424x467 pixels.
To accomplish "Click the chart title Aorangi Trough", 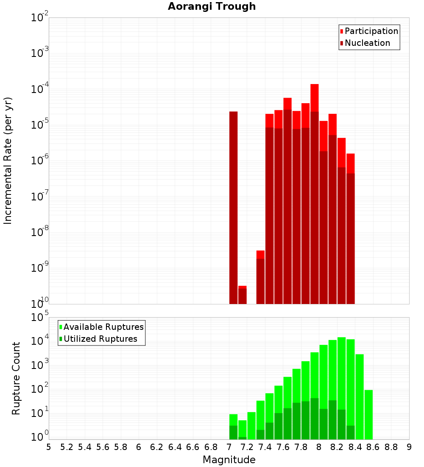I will click(x=212, y=6).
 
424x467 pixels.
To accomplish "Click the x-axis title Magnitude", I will click(x=229, y=460).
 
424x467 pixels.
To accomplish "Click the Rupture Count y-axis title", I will click(x=16, y=378).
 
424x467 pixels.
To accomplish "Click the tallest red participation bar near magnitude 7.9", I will click(x=314, y=98).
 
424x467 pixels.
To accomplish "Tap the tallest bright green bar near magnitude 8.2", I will click(x=341, y=374).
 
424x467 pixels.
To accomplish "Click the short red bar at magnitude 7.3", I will click(x=260, y=254).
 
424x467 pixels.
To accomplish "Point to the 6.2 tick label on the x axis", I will click(x=157, y=447).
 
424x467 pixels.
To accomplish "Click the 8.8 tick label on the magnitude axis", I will click(x=391, y=447).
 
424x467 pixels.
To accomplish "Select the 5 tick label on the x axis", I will click(x=49, y=447).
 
